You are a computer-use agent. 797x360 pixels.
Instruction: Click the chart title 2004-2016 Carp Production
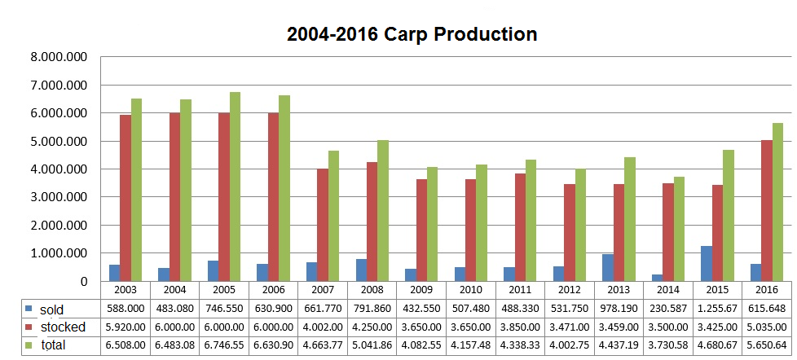412,34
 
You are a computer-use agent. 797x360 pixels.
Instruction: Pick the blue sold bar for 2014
657,278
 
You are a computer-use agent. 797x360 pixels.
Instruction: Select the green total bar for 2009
432,224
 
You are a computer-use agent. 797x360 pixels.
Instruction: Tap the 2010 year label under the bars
470,290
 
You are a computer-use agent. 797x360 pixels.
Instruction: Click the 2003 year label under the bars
125,290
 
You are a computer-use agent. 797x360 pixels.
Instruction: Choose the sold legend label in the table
52,310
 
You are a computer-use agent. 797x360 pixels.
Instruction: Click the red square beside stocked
29,327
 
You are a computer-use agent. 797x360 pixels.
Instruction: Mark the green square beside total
29,345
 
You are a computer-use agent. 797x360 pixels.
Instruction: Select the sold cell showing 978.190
619,309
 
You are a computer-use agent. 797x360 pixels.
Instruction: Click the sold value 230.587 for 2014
668,309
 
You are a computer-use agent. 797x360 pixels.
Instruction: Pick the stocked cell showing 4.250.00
372,327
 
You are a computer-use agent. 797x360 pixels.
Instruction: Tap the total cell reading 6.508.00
125,345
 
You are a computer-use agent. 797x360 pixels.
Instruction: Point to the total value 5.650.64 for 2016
767,345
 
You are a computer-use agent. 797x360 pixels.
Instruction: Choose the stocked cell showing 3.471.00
570,327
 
